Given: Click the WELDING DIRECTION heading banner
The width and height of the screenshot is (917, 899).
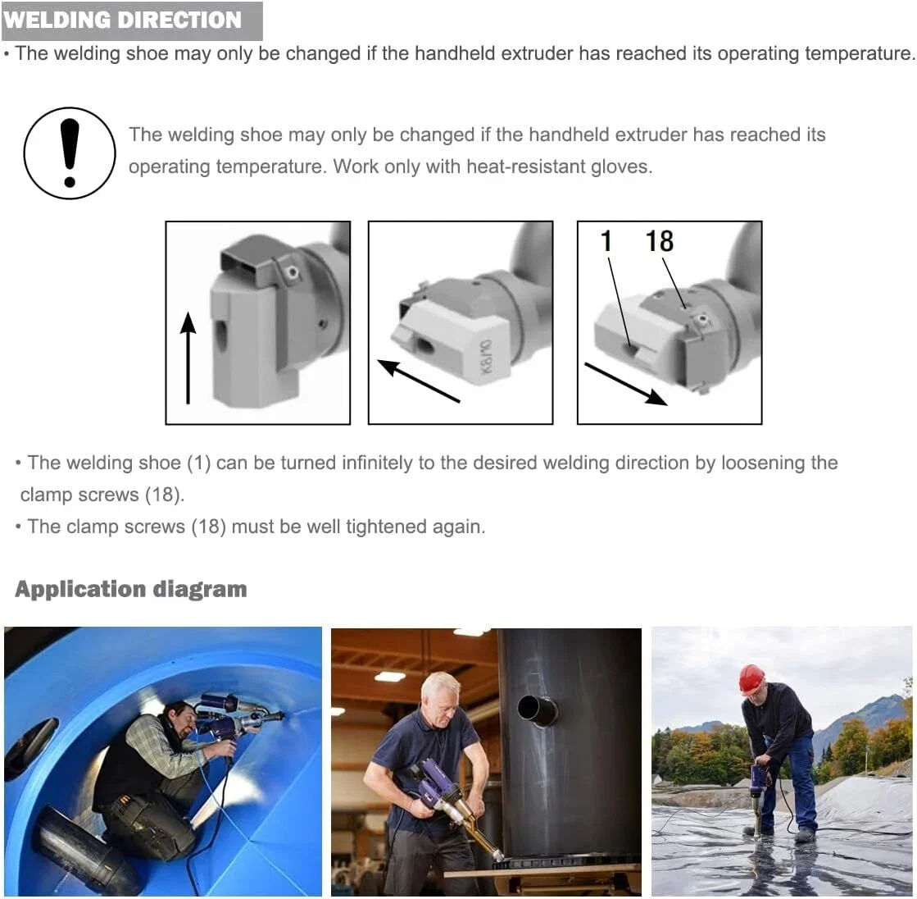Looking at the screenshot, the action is (132, 21).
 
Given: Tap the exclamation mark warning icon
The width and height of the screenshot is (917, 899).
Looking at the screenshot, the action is (70, 153).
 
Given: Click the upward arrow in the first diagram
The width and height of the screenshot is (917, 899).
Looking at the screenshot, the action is (188, 358).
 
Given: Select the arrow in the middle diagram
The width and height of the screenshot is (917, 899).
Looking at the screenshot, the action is (419, 381).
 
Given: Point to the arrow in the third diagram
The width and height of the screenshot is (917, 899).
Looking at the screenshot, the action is (626, 384).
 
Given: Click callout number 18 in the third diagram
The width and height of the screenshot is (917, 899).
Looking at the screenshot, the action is (659, 241).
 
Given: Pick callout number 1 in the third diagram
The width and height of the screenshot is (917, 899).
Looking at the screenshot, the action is (606, 241).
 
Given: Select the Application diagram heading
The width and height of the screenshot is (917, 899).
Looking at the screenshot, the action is (131, 589).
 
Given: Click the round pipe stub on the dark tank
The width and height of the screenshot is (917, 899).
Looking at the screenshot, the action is (537, 710).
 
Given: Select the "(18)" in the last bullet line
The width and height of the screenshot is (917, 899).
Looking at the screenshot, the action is (209, 527).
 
